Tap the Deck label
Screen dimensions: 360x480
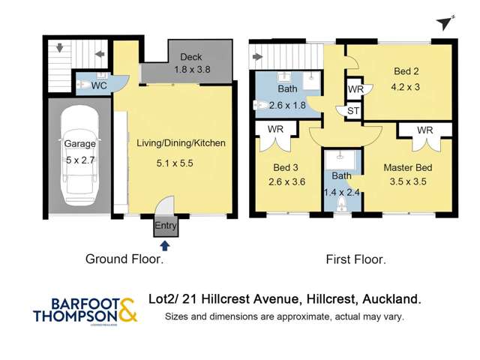(x=186, y=57)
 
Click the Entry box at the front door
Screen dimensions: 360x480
(x=165, y=226)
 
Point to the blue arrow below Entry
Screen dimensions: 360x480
(x=165, y=244)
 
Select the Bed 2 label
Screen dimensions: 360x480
(x=406, y=72)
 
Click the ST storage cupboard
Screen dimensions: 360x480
(x=351, y=112)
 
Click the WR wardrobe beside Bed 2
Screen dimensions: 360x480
(x=355, y=89)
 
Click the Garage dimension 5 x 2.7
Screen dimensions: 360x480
(x=79, y=160)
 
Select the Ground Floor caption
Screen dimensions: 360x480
(x=124, y=260)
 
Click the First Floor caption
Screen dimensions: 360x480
(x=355, y=260)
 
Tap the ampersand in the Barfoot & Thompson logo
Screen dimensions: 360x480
(x=127, y=309)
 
